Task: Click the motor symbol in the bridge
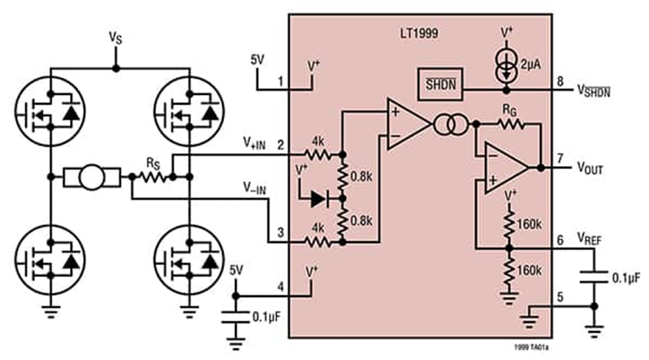coord(91,177)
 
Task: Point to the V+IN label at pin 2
coord(253,144)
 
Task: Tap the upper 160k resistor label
coord(531,224)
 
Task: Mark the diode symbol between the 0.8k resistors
coord(319,199)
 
